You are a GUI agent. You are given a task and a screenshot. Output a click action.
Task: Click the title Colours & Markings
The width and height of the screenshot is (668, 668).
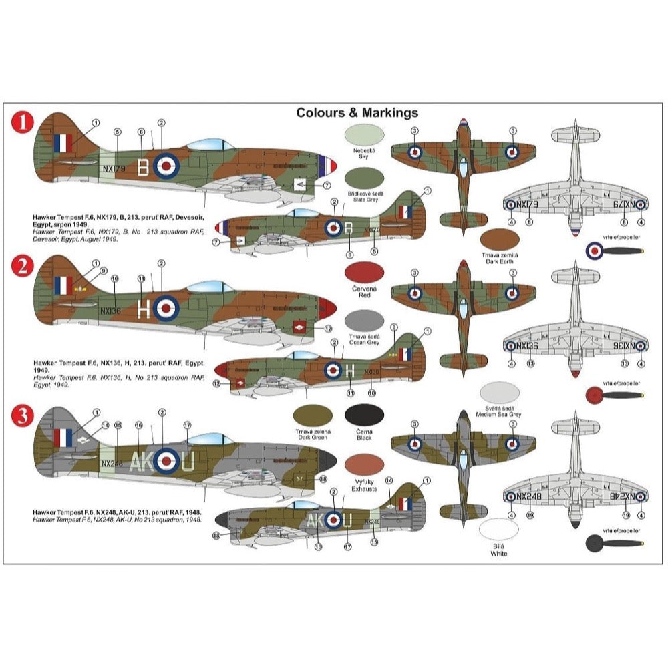(357, 113)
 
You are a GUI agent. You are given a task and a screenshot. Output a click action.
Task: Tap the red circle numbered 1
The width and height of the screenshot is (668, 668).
(24, 122)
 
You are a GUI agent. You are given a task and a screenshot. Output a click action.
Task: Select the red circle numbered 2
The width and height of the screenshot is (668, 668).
(24, 266)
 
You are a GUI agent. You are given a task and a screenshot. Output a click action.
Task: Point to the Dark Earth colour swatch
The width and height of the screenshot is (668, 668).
(500, 240)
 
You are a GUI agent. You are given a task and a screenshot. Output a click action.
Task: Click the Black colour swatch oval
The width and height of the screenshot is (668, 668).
(365, 415)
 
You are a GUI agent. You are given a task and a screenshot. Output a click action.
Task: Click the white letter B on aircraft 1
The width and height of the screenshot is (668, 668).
(142, 167)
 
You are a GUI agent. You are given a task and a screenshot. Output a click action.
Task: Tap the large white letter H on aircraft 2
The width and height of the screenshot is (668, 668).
(142, 307)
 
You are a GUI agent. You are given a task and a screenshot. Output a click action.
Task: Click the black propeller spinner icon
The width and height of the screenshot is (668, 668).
(594, 542)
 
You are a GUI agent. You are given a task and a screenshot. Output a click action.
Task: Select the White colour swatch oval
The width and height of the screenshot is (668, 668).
(499, 530)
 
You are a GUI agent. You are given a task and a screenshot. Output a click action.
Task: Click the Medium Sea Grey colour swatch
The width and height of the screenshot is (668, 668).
(500, 393)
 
